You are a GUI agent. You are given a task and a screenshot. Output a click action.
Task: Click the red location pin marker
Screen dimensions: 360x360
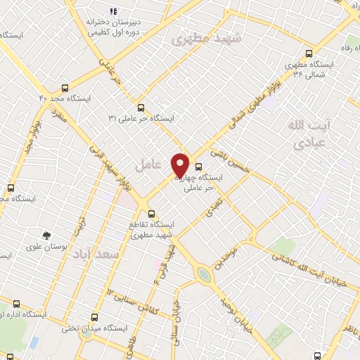180,165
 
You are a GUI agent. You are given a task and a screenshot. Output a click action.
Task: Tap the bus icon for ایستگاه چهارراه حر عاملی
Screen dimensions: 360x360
198,167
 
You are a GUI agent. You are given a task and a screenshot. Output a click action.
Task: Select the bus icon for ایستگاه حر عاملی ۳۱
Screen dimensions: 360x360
141,108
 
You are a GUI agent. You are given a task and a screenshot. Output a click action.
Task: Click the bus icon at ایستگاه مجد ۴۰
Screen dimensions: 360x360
65,89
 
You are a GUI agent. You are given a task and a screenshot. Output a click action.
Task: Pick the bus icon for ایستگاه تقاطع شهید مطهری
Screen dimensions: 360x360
150,213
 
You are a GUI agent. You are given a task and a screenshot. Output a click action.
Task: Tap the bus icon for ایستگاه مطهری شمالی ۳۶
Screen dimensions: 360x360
309,53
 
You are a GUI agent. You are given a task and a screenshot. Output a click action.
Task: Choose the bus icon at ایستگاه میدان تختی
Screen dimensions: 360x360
96,317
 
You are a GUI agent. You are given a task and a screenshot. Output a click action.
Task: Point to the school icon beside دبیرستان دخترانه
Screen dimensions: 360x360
112,11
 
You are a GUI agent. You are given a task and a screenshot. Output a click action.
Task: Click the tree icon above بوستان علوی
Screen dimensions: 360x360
46,236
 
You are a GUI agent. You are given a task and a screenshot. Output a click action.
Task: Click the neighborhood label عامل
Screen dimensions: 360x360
148,165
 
